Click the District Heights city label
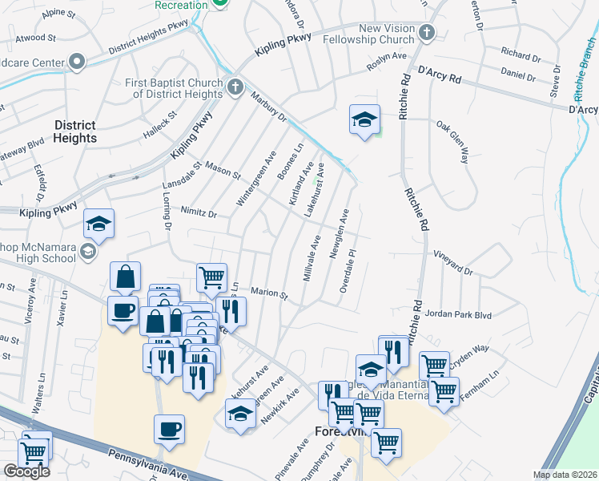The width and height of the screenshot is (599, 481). pyautogui.click(x=75, y=131)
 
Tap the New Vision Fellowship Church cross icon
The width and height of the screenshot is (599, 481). pyautogui.click(x=427, y=33)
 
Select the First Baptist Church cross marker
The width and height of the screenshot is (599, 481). pyautogui.click(x=235, y=87)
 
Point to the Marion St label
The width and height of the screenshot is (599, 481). pyautogui.click(x=270, y=293)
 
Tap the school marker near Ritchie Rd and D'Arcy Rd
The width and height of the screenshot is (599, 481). pyautogui.click(x=364, y=121)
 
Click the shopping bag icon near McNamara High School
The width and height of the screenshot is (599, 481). pyautogui.click(x=126, y=277)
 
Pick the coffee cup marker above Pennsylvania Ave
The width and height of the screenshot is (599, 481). pyautogui.click(x=169, y=430)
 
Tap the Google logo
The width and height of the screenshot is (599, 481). pyautogui.click(x=26, y=471)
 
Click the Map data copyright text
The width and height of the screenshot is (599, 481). pyautogui.click(x=565, y=475)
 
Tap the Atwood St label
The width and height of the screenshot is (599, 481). pyautogui.click(x=35, y=38)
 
